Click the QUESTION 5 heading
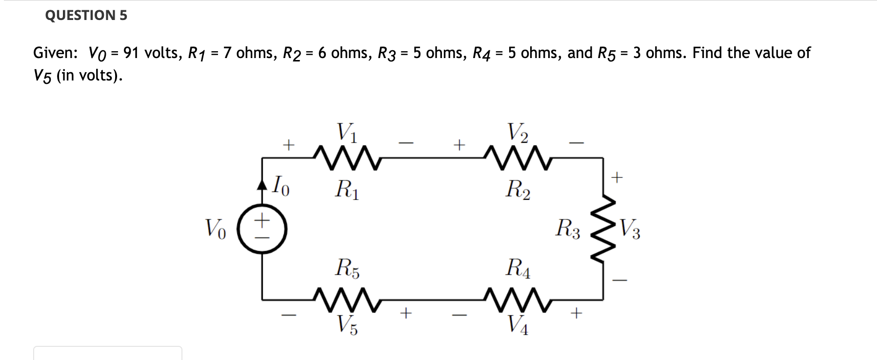click(x=86, y=16)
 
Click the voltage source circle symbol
click(x=262, y=229)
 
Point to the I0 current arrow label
click(x=280, y=186)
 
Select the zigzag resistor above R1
click(x=347, y=158)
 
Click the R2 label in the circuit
click(x=518, y=189)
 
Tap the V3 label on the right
click(x=629, y=229)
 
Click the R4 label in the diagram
click(x=518, y=268)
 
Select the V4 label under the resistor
click(x=518, y=324)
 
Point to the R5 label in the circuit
click(x=347, y=268)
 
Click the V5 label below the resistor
click(x=347, y=324)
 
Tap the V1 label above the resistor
click(x=347, y=132)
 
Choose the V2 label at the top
click(x=518, y=132)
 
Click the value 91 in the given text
click(x=131, y=53)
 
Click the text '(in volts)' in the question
click(x=89, y=75)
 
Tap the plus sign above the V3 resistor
click(x=617, y=177)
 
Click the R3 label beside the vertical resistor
click(x=568, y=228)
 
